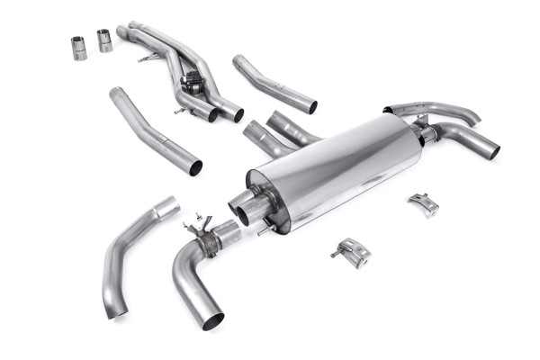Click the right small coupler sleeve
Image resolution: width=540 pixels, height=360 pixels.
(104, 40)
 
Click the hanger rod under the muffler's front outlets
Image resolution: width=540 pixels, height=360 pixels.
(264, 230)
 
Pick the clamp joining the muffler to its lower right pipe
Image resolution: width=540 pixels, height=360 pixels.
(425, 135)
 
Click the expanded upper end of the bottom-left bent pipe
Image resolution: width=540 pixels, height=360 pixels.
(166, 208)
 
